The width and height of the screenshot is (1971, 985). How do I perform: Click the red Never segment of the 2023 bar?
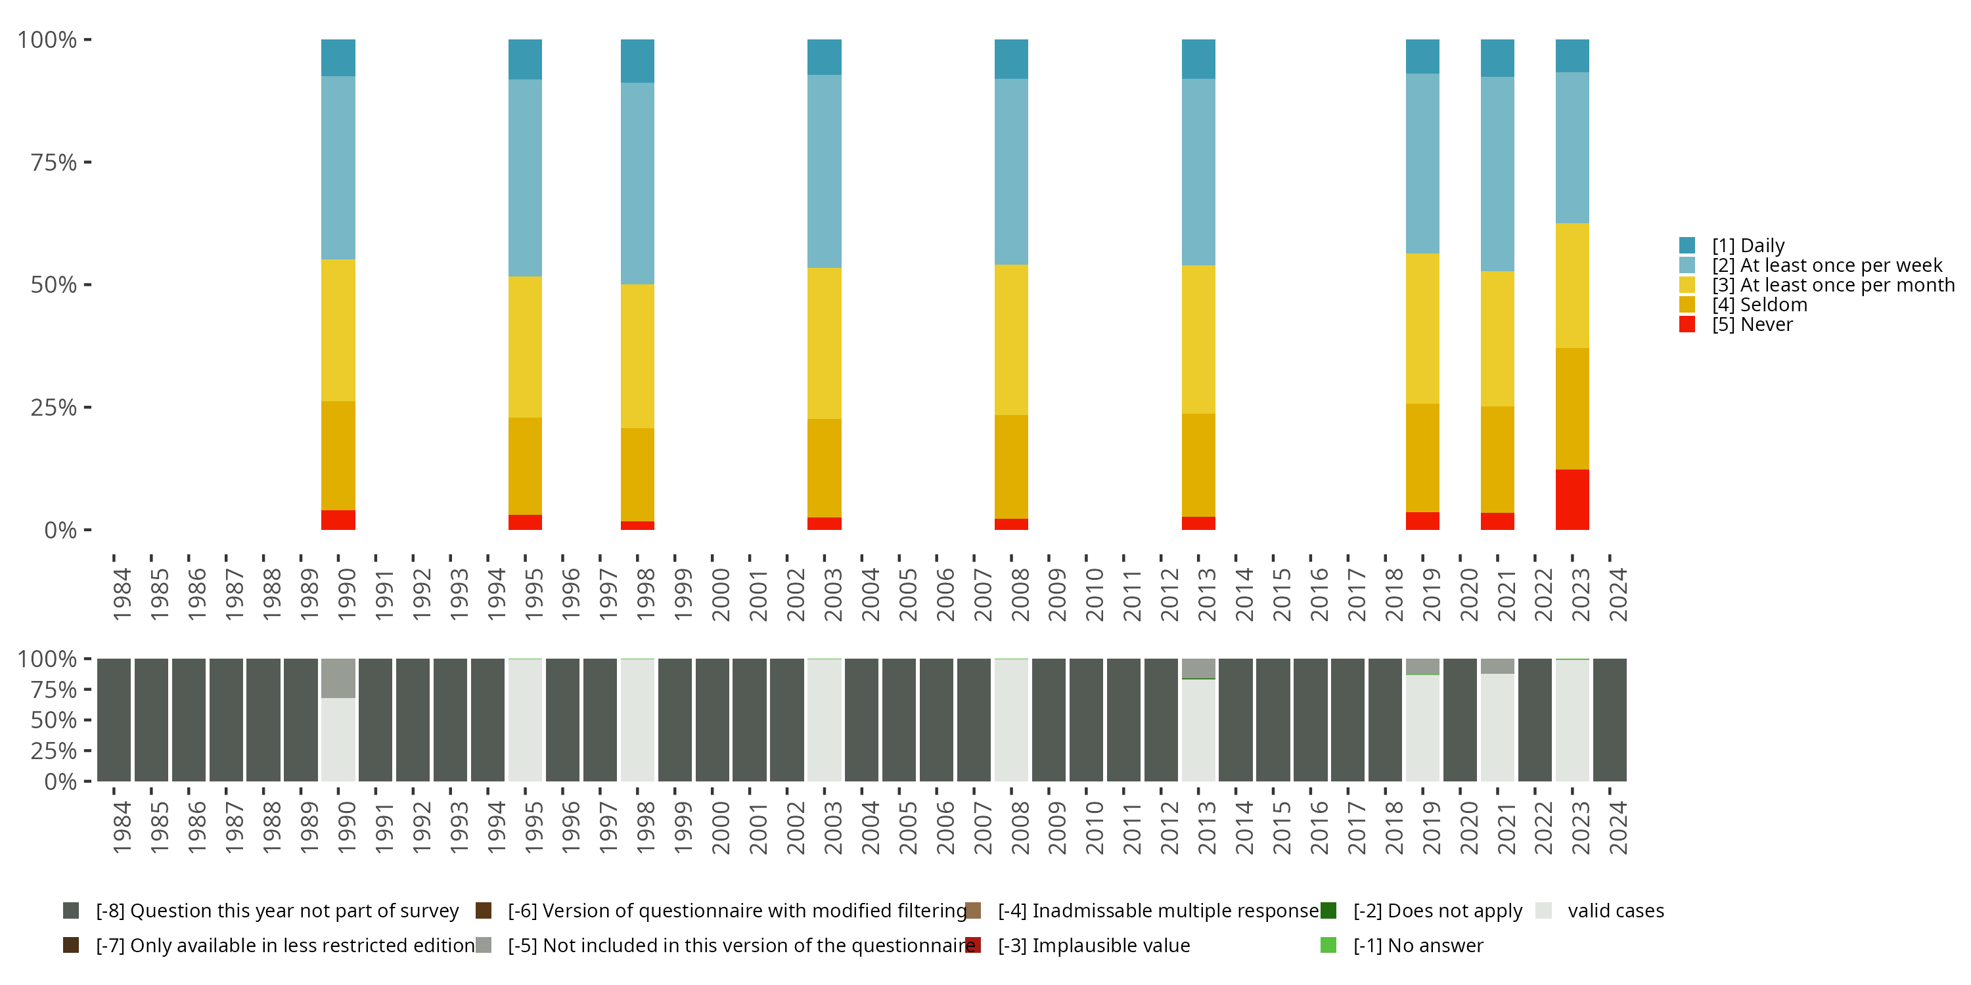tap(1572, 498)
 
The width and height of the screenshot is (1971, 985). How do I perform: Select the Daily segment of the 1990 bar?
tap(338, 57)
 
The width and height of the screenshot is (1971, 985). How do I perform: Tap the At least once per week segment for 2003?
tap(824, 171)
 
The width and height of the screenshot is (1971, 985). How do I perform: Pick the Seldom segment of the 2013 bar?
tap(1198, 465)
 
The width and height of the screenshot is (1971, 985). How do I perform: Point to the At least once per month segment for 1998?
tap(637, 356)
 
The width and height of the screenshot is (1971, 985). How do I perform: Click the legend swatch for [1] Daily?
tap(1687, 246)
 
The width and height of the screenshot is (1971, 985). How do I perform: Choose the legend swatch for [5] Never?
tap(1687, 324)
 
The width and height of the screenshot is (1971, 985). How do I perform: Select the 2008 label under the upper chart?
tap(1020, 594)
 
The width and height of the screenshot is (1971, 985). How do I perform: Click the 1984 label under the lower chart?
tap(122, 827)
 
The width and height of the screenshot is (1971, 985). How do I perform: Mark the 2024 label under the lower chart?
tap(1618, 827)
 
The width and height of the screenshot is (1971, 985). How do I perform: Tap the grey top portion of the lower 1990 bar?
tap(338, 678)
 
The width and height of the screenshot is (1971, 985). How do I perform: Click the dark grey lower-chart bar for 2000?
tap(712, 720)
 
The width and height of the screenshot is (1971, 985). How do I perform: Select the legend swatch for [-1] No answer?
tap(1328, 945)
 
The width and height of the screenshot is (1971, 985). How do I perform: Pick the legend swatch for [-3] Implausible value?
tap(972, 945)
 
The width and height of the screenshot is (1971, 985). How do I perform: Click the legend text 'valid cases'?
tap(1615, 910)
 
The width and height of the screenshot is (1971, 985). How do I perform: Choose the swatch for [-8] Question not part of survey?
tap(70, 910)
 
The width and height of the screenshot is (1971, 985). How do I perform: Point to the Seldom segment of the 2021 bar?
tap(1497, 459)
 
